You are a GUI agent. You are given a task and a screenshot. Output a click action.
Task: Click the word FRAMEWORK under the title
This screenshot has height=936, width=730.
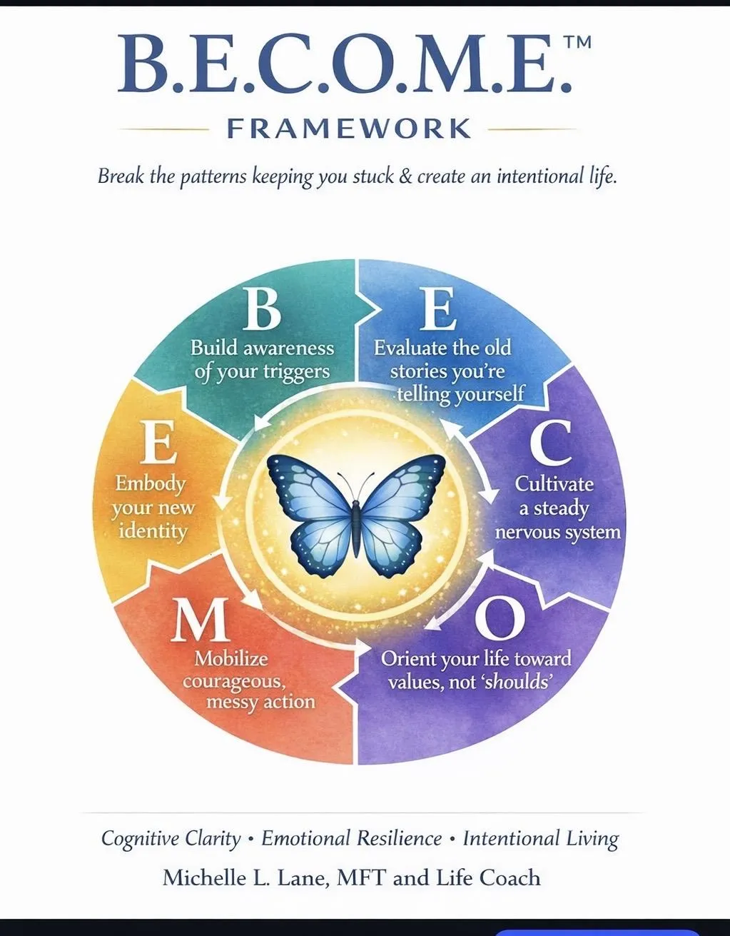[x=349, y=129]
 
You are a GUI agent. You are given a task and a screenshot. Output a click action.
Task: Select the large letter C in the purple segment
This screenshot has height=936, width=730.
[x=550, y=443]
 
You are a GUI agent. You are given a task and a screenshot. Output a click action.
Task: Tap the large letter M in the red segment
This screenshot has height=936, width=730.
[x=201, y=620]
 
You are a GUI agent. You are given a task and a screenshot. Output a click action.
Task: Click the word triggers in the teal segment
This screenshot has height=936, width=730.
[x=296, y=372]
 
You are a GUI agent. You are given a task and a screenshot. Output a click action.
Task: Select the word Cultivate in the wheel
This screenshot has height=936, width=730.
[x=554, y=484]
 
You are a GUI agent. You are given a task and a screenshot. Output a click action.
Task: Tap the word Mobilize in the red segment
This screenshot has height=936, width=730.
[x=231, y=658]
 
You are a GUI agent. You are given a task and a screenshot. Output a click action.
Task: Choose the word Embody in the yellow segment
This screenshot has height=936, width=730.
[x=151, y=484]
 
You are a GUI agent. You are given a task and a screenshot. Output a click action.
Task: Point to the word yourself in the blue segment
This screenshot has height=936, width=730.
[x=491, y=393]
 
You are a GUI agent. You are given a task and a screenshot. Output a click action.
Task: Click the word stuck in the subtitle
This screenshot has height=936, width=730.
[x=373, y=176]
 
